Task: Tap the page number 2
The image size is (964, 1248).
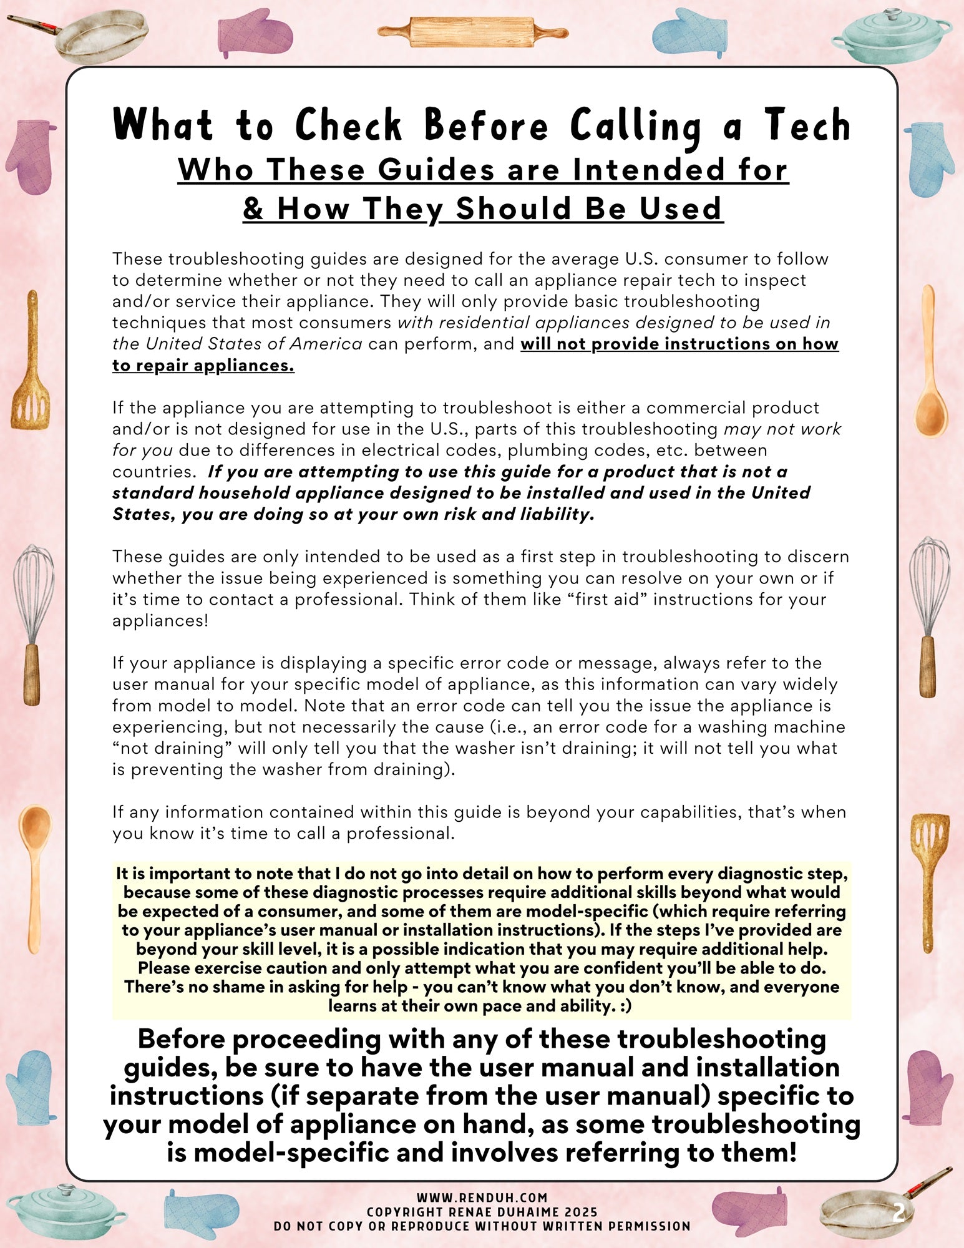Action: click(x=898, y=1212)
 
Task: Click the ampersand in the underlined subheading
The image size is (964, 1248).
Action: click(x=253, y=208)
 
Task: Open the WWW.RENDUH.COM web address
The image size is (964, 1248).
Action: click(x=482, y=1197)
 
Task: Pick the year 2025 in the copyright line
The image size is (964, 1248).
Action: click(x=577, y=1212)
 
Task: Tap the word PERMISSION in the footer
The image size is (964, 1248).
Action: click(x=650, y=1226)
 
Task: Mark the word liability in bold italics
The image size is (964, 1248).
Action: click(x=556, y=514)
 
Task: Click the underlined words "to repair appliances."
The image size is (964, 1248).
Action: click(x=203, y=365)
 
